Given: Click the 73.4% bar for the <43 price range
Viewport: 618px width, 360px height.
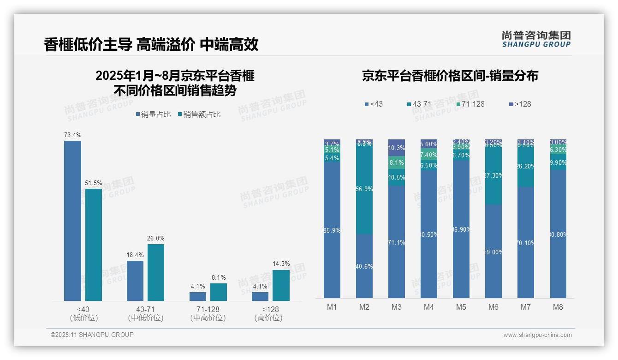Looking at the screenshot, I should pyautogui.click(x=72, y=221).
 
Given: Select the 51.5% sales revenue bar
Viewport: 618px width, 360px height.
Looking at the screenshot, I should pyautogui.click(x=94, y=245).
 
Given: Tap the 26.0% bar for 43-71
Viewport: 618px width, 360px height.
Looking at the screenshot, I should pyautogui.click(x=156, y=272).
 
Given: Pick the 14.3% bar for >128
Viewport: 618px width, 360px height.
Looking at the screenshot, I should pyautogui.click(x=281, y=285).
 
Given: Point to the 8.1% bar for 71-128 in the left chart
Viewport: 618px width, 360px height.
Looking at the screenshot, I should pyautogui.click(x=219, y=292).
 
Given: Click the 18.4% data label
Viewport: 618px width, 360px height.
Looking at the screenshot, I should pyautogui.click(x=135, y=255).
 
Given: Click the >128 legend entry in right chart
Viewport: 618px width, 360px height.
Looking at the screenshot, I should pyautogui.click(x=520, y=104).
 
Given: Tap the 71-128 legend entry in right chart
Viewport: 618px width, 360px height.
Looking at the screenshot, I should pyautogui.click(x=470, y=104).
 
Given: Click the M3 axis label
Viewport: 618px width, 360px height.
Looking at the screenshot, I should pyautogui.click(x=397, y=307).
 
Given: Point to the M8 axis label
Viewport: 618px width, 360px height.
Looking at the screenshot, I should pyautogui.click(x=558, y=307).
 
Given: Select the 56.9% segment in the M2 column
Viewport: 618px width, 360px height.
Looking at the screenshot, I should pyautogui.click(x=364, y=189).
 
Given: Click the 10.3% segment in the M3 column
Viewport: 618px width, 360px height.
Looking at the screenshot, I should pyautogui.click(x=397, y=148).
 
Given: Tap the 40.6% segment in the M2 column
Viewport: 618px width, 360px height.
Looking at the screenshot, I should pyautogui.click(x=364, y=266).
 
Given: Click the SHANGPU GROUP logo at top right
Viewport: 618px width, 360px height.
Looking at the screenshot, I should pyautogui.click(x=536, y=39).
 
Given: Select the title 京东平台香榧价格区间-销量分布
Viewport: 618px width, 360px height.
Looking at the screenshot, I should pyautogui.click(x=450, y=76).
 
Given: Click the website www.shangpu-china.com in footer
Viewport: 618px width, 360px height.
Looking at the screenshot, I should pyautogui.click(x=537, y=335).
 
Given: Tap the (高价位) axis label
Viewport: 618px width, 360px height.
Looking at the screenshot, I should pyautogui.click(x=268, y=318).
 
